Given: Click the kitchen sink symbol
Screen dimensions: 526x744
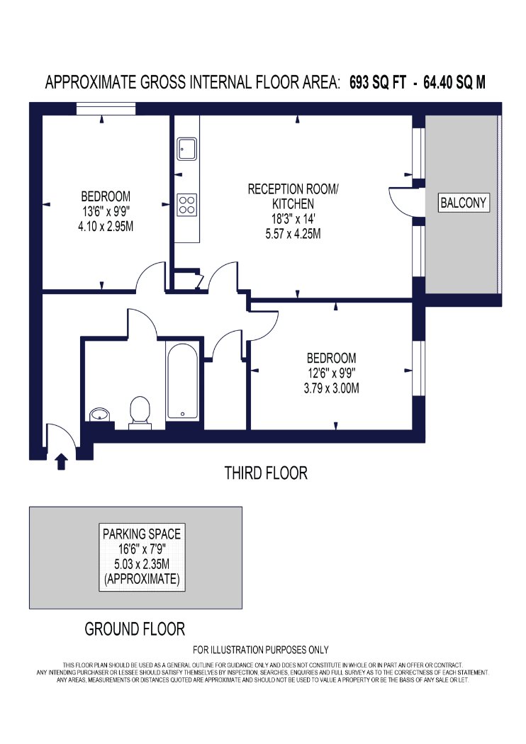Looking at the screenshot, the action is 187,149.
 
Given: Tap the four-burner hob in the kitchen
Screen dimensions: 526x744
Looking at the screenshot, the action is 187,205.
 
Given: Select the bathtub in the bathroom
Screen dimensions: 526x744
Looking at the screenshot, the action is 182,381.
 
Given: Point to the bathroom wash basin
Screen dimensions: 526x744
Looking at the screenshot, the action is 101,415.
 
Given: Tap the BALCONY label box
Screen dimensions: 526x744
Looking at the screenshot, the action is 464,203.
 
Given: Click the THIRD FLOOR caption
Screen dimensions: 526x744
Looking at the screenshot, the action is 266,473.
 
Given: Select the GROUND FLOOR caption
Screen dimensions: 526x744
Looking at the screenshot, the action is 135,629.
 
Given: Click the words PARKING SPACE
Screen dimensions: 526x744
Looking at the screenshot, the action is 142,534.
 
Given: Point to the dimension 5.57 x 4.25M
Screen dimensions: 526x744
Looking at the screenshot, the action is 293,234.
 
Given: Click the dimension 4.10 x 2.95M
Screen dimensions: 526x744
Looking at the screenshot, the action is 106,226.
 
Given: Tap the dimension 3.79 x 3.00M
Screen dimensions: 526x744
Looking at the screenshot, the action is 331,388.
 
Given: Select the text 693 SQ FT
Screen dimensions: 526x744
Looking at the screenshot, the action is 378,83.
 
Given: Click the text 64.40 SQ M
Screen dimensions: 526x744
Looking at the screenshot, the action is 454,83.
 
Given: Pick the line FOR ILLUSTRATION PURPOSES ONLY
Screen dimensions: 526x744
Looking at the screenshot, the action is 261,650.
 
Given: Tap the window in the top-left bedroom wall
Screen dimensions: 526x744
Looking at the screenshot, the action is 106,108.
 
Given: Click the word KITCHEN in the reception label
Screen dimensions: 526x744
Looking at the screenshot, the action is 293,204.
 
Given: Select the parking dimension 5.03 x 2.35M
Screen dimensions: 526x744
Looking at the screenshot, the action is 142,564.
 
